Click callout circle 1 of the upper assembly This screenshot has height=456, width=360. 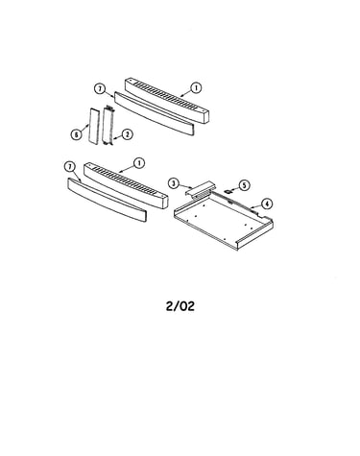click(196, 87)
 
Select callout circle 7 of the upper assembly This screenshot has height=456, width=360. click(100, 88)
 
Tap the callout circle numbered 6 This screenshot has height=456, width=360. click(76, 134)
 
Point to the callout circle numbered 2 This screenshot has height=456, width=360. click(128, 134)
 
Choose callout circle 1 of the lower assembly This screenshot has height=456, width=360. click(139, 163)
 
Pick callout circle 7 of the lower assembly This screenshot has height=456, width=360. click(69, 167)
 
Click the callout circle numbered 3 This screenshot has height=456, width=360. click(174, 183)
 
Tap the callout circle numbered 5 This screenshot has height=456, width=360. click(244, 185)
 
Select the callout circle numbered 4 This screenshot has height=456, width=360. click(267, 204)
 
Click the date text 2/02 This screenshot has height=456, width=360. click(180, 306)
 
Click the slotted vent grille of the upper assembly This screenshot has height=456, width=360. click(167, 100)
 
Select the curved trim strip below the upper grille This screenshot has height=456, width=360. click(154, 113)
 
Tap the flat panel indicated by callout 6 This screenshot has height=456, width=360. click(93, 125)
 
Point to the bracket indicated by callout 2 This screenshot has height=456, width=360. click(108, 126)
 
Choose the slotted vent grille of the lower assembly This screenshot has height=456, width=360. click(126, 185)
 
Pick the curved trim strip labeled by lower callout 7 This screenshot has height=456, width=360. click(107, 200)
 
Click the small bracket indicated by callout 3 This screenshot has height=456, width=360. click(199, 189)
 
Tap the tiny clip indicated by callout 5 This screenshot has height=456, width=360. click(228, 191)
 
